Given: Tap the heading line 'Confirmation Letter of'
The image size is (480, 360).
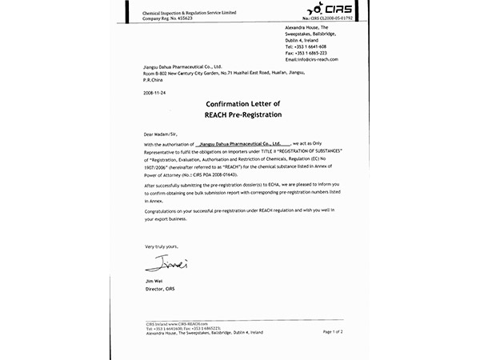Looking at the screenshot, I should pos(240,105).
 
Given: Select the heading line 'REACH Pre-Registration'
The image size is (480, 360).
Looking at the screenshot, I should pos(240,115).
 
